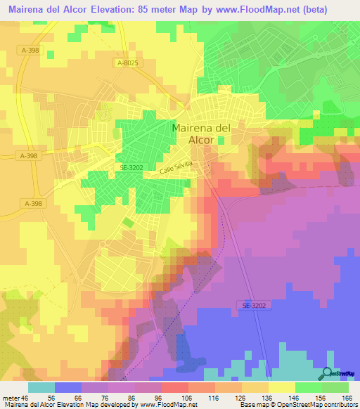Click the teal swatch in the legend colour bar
pyautogui.click(x=41, y=387)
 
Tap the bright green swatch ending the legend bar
pyautogui.click(x=335, y=387)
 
